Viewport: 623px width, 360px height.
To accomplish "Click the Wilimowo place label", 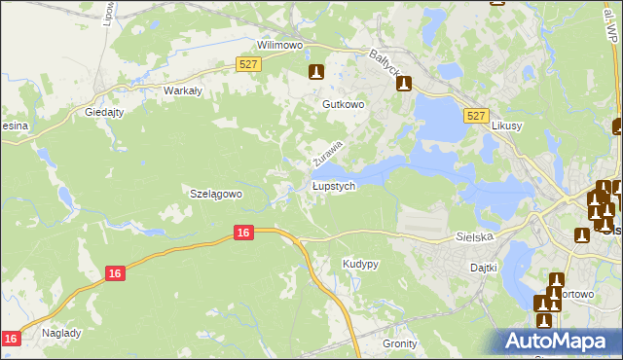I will pyautogui.click(x=280, y=45).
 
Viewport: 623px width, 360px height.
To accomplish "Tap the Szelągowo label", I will pyautogui.click(x=214, y=194).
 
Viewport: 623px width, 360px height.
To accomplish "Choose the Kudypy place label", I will pyautogui.click(x=360, y=264).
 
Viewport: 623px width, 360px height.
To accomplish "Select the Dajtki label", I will pyautogui.click(x=484, y=267).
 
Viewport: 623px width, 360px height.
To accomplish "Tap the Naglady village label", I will pyautogui.click(x=61, y=332).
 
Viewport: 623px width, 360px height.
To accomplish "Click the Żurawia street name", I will pyautogui.click(x=328, y=151).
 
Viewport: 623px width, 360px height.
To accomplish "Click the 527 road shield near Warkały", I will pyautogui.click(x=247, y=64).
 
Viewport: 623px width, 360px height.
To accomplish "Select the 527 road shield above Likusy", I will pyautogui.click(x=475, y=115).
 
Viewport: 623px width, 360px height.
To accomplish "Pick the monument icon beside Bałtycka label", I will pyautogui.click(x=405, y=84).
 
